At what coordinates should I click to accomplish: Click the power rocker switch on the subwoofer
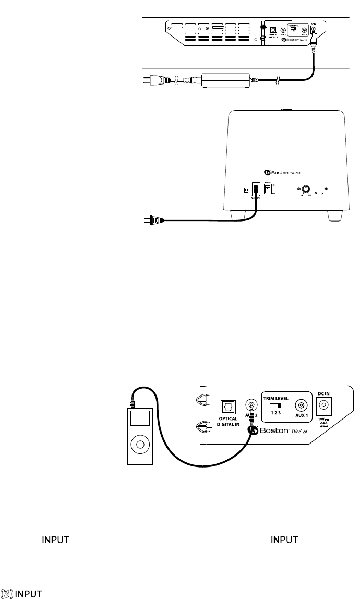(268, 190)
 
